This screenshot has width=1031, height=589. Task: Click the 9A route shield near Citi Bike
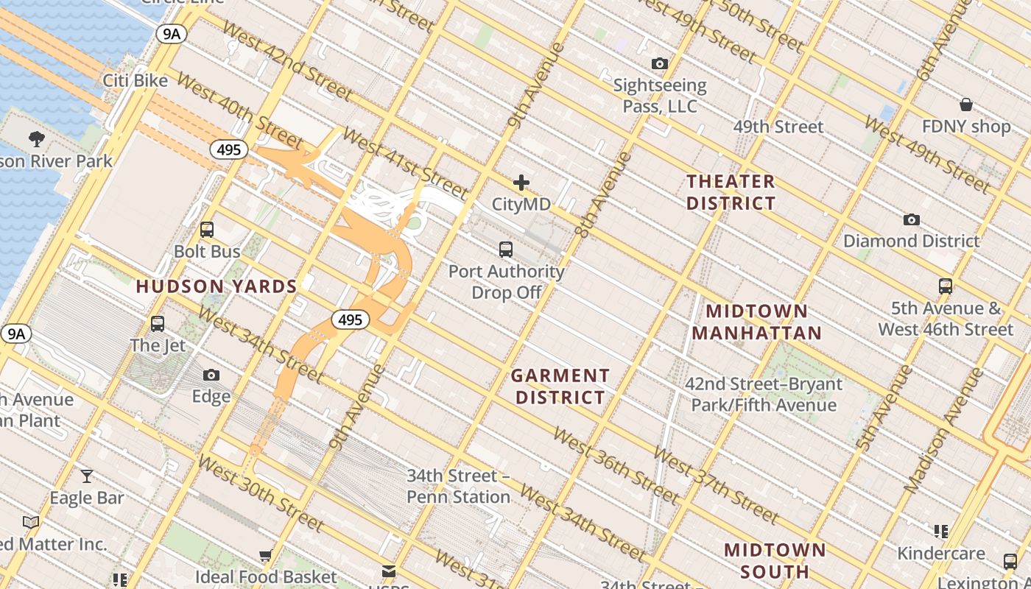pos(170,34)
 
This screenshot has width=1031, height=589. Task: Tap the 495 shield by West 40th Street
pos(229,150)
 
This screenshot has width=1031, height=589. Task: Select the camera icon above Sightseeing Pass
pos(660,64)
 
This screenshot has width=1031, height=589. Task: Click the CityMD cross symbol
pos(521,183)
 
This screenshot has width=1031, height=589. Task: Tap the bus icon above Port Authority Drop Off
pos(506,250)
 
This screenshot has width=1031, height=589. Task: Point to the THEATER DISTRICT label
pos(731,192)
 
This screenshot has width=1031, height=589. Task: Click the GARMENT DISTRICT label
pos(560,387)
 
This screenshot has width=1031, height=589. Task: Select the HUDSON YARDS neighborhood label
pos(217,286)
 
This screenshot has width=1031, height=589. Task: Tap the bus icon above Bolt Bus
pos(207,230)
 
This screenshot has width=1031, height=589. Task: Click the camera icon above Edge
pos(211,375)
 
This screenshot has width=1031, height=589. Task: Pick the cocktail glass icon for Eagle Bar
pos(87,476)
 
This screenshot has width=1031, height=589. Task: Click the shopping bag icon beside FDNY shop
pos(965,105)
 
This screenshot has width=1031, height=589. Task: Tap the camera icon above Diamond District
pos(911,219)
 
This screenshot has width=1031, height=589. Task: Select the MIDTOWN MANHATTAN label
pos(756,322)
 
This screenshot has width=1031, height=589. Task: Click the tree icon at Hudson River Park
pos(36,138)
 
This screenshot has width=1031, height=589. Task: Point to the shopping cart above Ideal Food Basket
pos(266,555)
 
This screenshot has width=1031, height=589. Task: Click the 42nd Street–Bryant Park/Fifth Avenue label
pos(764,395)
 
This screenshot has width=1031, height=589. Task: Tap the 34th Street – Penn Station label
pos(458,487)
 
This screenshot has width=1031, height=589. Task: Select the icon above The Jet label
pos(158,324)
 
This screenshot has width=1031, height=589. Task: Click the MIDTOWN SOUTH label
pos(775,560)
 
